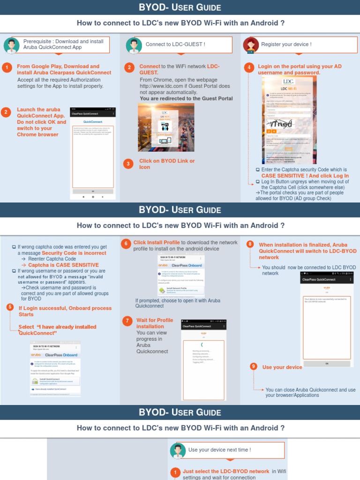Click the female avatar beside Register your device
point(251,45)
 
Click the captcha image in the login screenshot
point(280,124)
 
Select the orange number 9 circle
point(254,367)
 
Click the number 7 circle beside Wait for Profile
point(127,321)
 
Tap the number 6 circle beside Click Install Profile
point(125,243)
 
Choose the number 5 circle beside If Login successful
point(10,307)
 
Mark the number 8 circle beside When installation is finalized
point(250,244)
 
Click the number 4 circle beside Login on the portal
point(249,67)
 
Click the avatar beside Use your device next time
point(177,450)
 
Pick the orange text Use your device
point(282,367)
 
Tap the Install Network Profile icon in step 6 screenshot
point(162,290)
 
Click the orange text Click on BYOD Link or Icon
point(167,164)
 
